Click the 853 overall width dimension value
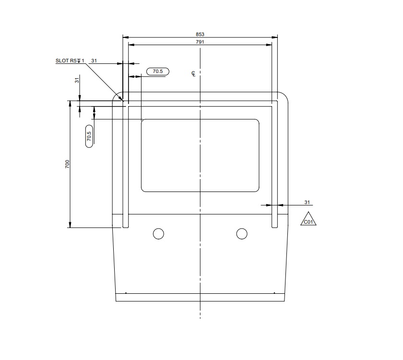[x=200, y=34]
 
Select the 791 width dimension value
[x=200, y=42]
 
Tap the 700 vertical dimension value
[x=68, y=164]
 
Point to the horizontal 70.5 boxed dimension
[x=157, y=72]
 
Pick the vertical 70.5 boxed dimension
[x=89, y=136]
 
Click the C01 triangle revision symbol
[x=308, y=220]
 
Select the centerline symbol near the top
[x=193, y=73]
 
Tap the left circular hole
[x=158, y=234]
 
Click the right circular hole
[x=242, y=234]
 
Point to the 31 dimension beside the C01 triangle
[x=308, y=202]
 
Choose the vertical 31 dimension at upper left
[x=77, y=81]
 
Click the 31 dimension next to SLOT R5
[x=94, y=60]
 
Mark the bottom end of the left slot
[x=126, y=227]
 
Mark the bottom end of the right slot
[x=275, y=227]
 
